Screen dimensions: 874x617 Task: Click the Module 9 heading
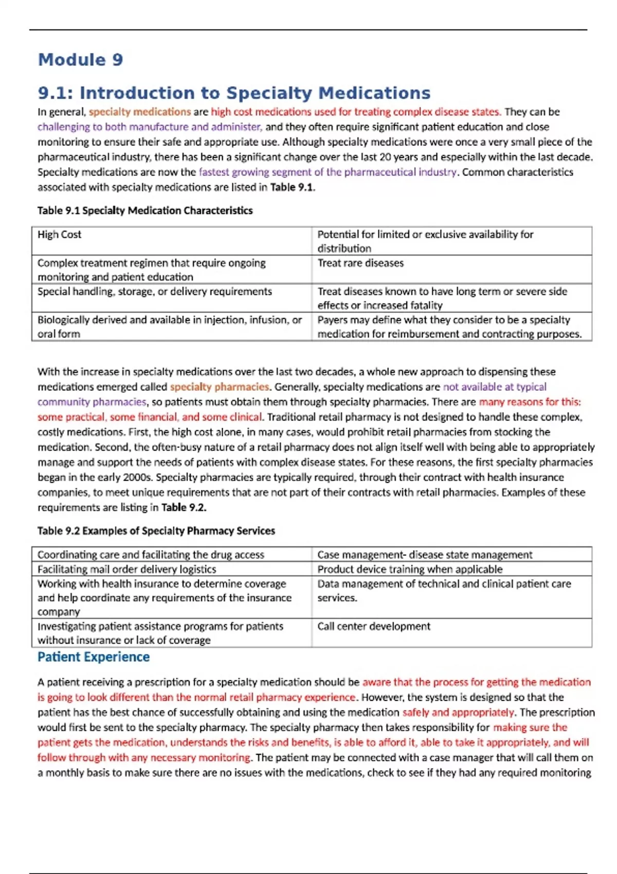pos(81,60)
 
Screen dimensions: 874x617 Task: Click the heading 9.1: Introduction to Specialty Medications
pos(234,93)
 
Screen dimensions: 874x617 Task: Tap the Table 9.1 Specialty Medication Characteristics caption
pos(145,210)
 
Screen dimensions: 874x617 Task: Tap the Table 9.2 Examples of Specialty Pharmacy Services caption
pos(156,531)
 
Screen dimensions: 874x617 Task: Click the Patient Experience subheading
pos(94,657)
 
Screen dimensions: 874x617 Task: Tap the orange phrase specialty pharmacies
pos(220,387)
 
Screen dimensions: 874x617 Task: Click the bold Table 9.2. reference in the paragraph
pos(184,507)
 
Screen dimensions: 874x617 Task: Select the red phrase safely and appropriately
pos(458,713)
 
